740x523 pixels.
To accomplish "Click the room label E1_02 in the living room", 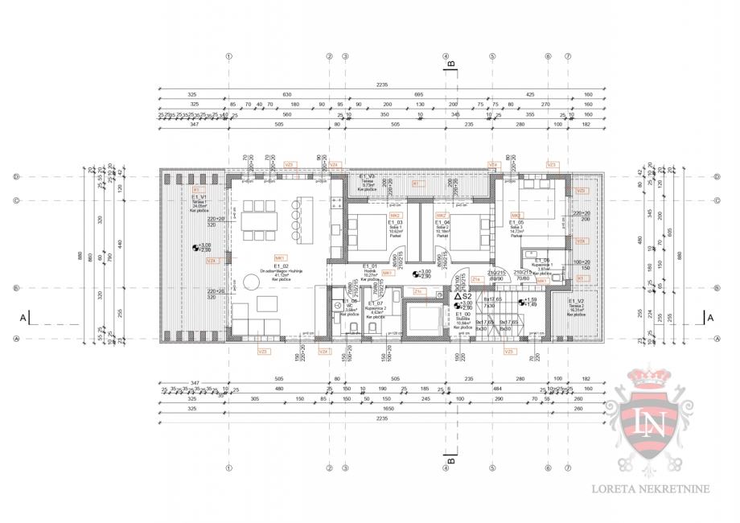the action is tap(281, 266).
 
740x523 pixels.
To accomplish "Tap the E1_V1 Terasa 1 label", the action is tap(199, 196).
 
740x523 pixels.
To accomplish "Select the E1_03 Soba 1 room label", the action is tap(372, 223).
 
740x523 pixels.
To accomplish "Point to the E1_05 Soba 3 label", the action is tap(516, 223).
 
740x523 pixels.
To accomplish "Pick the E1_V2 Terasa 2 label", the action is tap(576, 301).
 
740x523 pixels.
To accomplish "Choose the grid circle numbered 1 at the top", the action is tap(229, 56).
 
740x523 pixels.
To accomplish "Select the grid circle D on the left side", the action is tap(16, 176).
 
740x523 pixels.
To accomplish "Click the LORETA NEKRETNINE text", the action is tap(661, 488).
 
